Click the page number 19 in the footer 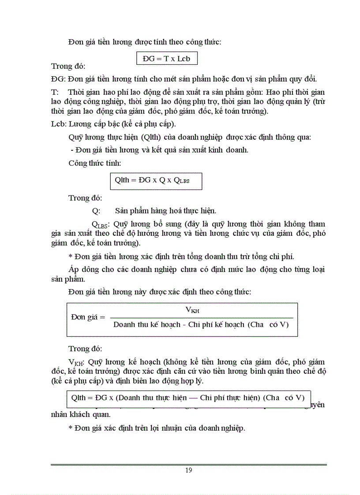click(189, 470)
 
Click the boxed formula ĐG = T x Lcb click(166, 58)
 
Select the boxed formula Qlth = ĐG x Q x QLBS click(156, 180)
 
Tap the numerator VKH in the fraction click(192, 310)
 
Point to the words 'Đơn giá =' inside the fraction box click(88, 317)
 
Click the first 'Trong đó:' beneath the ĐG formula click(68, 66)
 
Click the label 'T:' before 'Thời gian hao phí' click(55, 92)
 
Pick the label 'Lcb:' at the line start click(60, 124)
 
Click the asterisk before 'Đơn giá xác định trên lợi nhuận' click(71, 428)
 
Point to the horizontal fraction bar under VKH click(201, 318)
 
